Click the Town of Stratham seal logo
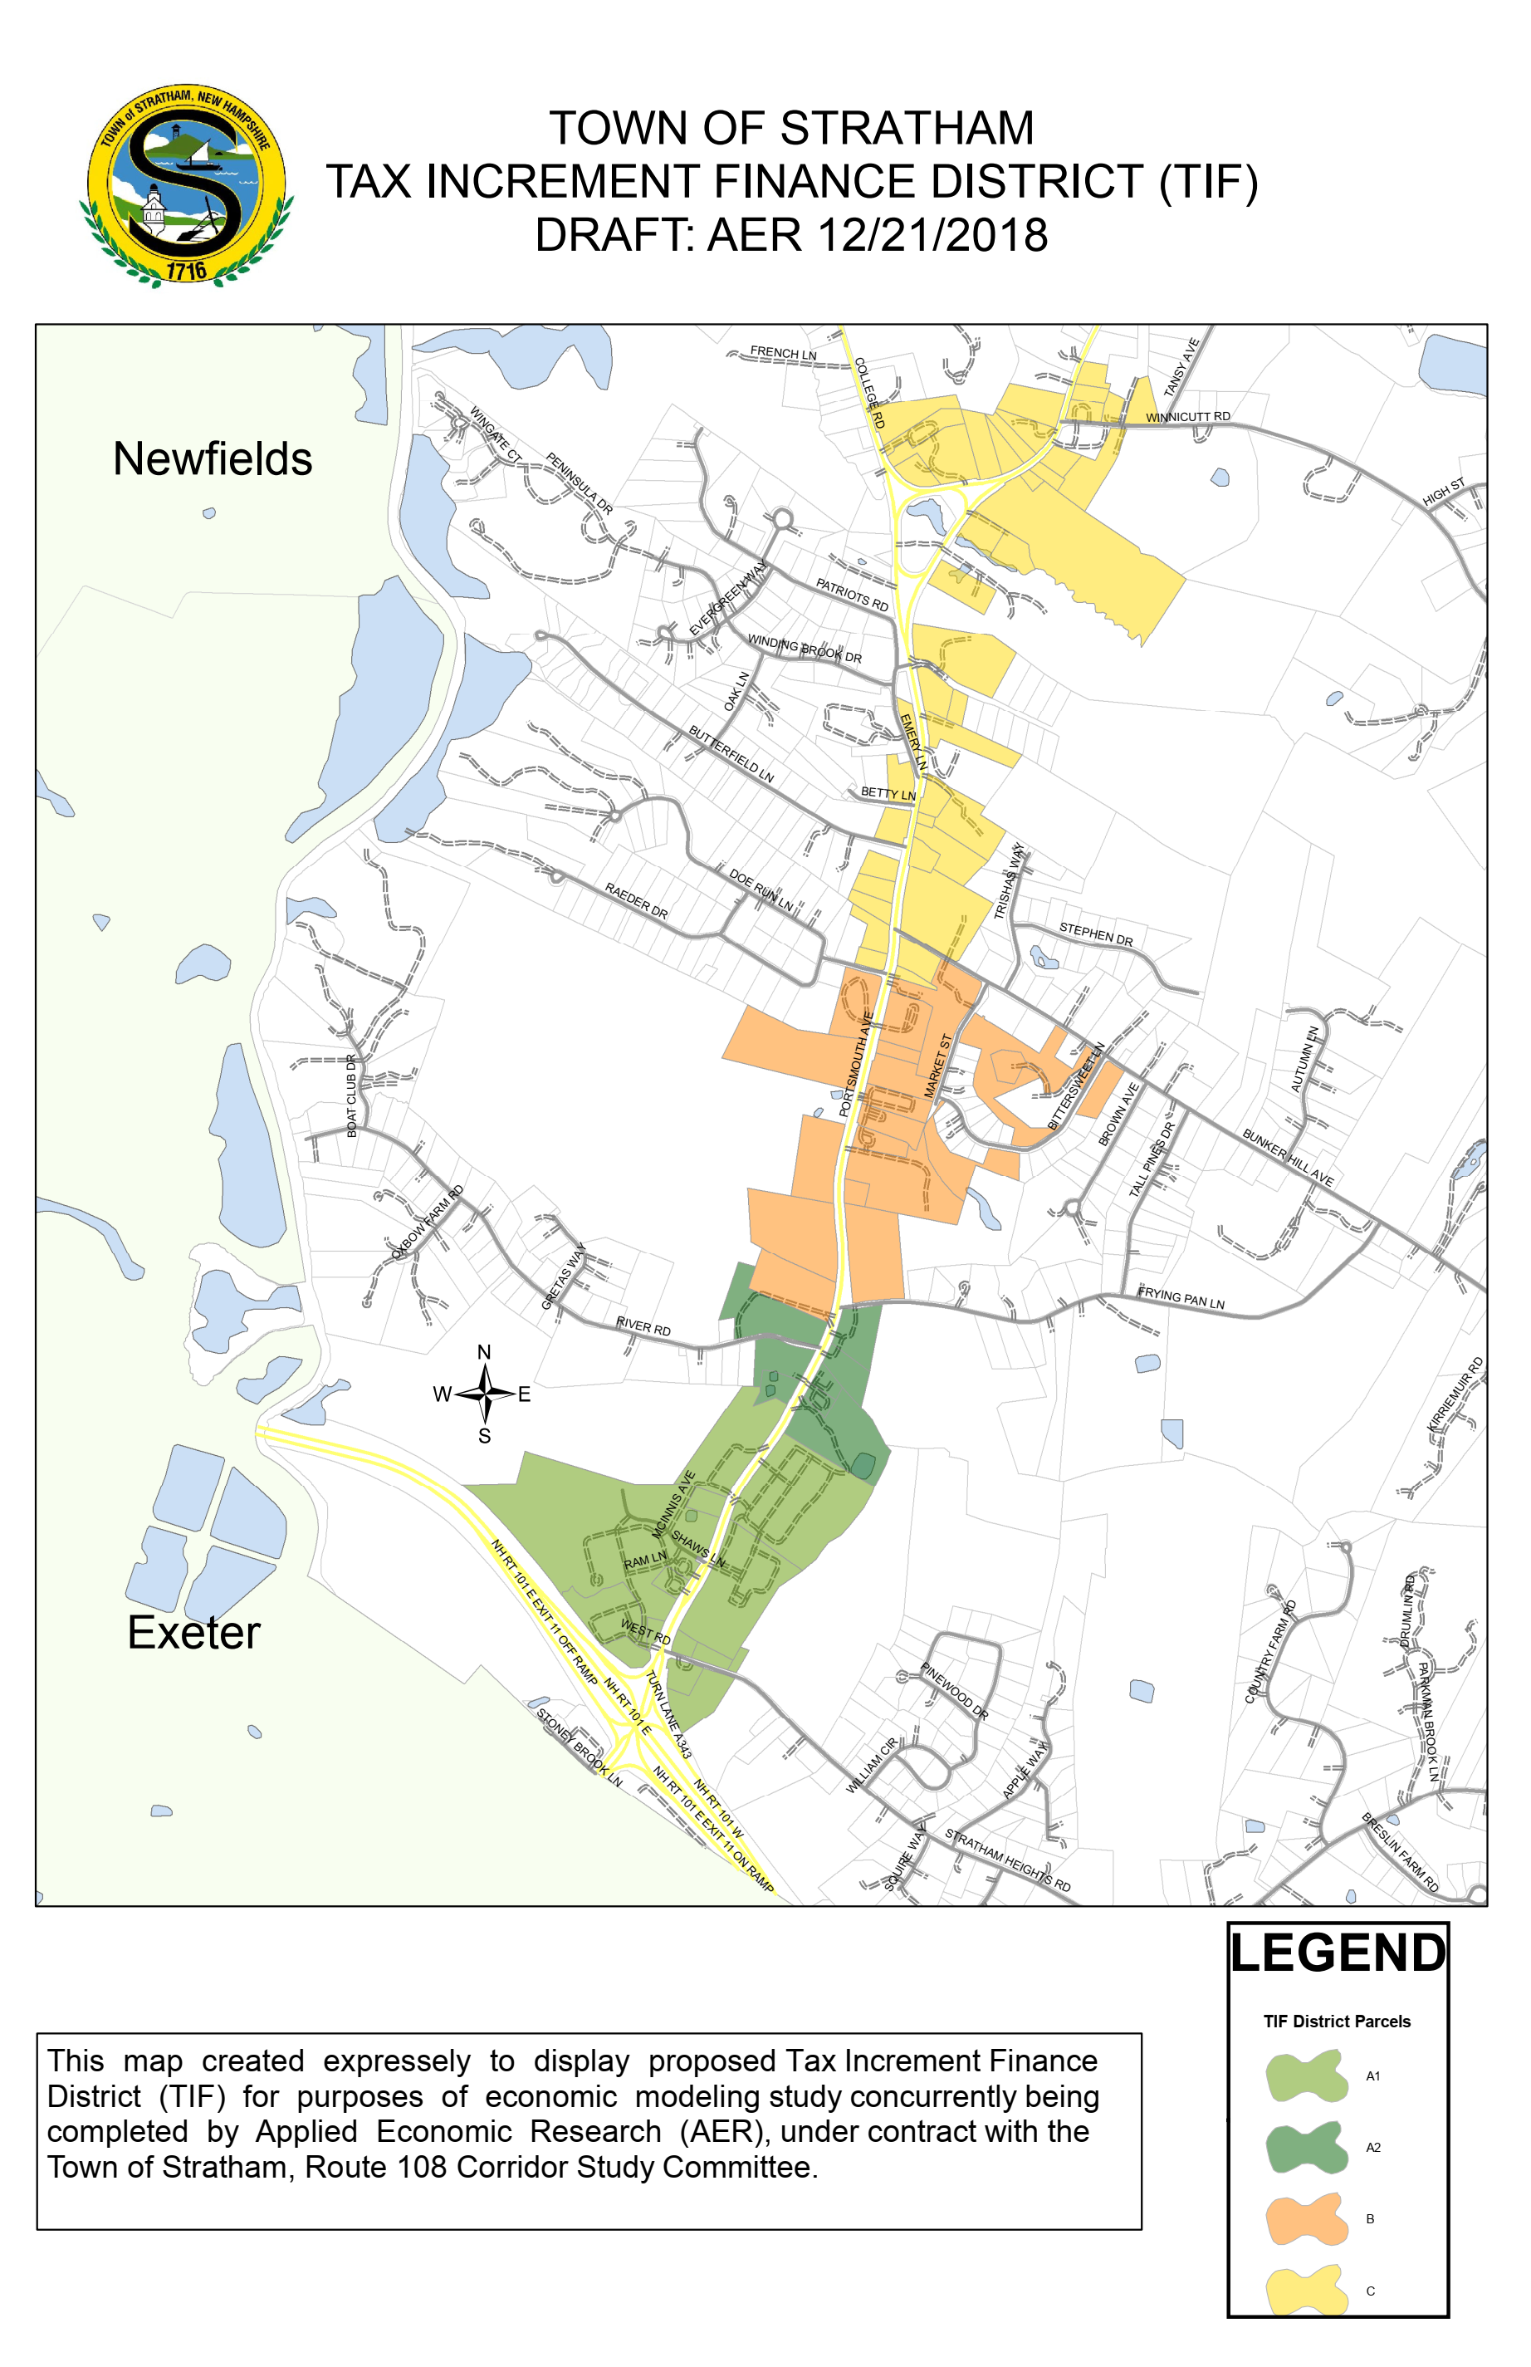pos(186,186)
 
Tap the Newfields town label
pos(212,459)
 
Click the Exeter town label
pos(193,1632)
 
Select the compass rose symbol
pos(484,1394)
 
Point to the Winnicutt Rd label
pos(1187,417)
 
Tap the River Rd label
pos(643,1326)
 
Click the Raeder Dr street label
pos(636,900)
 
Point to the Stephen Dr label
pos(1096,934)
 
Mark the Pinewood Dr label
pos(953,1691)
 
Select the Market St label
pos(938,1065)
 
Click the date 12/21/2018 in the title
pos(932,236)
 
